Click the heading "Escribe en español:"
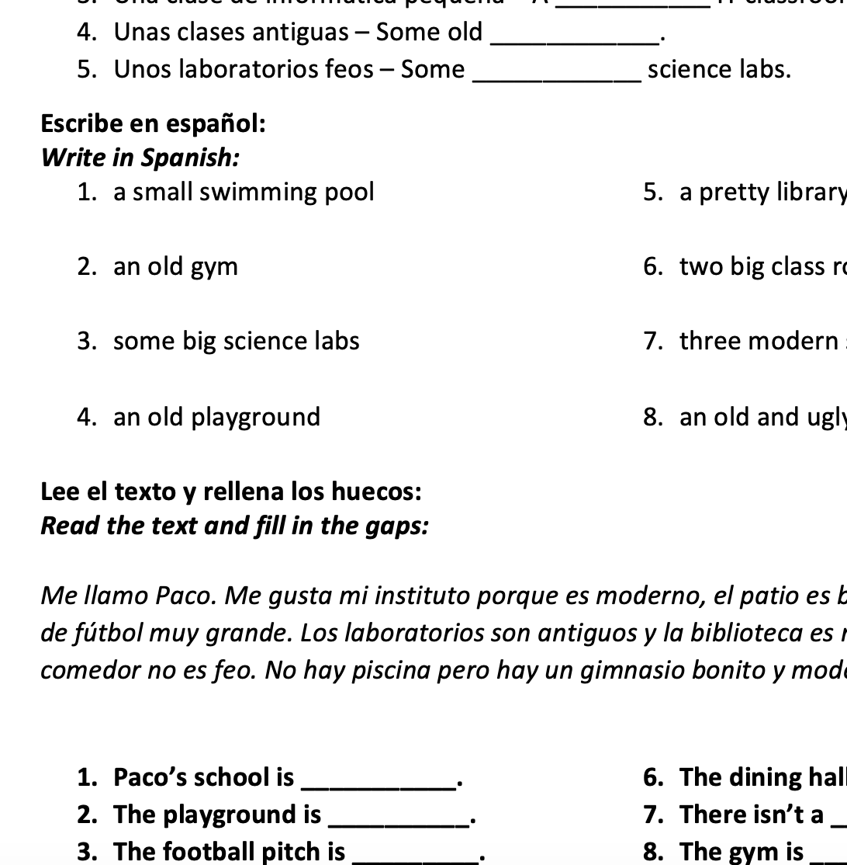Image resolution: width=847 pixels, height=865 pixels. coord(153,123)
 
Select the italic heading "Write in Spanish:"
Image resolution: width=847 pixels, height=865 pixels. coord(140,158)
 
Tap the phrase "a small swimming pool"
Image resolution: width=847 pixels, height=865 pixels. coord(244,192)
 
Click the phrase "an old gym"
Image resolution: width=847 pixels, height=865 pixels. coord(175,266)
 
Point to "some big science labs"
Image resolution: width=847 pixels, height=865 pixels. coord(236,341)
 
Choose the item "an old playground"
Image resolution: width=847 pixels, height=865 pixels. coord(216,417)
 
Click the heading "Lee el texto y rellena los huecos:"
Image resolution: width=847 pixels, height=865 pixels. coord(231,492)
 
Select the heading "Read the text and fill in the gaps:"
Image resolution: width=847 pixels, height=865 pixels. coord(234,526)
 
